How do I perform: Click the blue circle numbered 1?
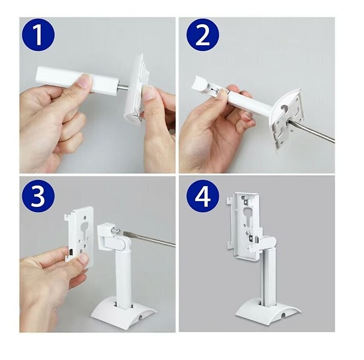click(38, 35)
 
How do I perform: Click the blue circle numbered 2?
click(202, 35)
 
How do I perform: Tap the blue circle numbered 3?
click(38, 197)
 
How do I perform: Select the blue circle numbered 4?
click(202, 197)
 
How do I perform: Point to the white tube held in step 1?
click(76, 80)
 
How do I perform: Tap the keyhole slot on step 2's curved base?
click(285, 108)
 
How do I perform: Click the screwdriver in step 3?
click(149, 237)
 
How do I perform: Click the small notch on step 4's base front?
click(283, 315)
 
